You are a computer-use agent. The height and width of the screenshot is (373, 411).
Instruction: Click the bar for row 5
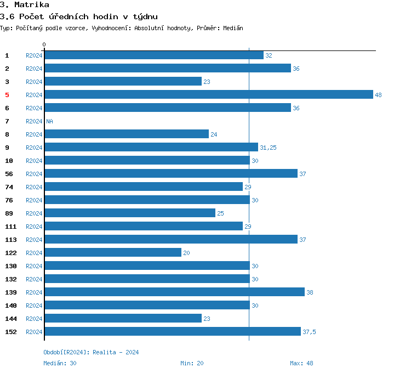click(x=208, y=94)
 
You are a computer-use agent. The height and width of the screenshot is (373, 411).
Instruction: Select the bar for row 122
click(x=112, y=252)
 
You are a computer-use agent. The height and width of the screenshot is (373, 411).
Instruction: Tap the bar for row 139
click(x=174, y=292)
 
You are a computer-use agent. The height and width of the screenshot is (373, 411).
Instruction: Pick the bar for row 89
click(x=129, y=213)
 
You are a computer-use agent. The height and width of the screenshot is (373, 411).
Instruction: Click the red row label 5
click(x=7, y=95)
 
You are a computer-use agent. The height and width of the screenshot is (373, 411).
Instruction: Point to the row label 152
click(x=10, y=332)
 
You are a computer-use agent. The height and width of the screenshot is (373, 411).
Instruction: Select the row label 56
click(x=9, y=174)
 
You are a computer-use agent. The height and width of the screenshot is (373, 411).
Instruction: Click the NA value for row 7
click(x=49, y=121)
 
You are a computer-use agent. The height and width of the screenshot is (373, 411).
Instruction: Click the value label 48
click(x=378, y=95)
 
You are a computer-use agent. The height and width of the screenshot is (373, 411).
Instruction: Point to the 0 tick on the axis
click(x=44, y=44)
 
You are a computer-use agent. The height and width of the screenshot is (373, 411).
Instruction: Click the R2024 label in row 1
click(x=34, y=55)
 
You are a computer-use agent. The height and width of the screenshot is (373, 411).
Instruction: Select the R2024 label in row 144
click(x=34, y=319)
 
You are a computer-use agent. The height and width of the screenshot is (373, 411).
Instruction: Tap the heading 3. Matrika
click(x=24, y=5)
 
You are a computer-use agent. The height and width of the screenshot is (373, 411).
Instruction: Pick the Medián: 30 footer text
click(x=60, y=363)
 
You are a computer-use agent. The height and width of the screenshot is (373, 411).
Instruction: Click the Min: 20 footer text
click(x=192, y=363)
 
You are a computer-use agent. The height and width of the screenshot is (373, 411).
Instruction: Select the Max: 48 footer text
click(x=301, y=363)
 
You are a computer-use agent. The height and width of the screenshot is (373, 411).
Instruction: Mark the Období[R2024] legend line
click(x=91, y=352)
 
